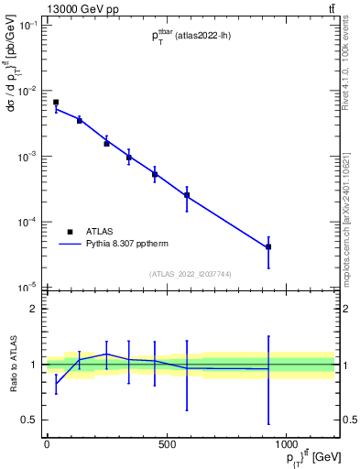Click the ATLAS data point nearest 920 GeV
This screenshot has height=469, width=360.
click(x=268, y=247)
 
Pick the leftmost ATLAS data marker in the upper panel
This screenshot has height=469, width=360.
click(x=56, y=103)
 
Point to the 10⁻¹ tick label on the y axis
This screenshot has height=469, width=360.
click(x=29, y=26)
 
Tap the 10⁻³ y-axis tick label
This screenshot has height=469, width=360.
click(x=29, y=157)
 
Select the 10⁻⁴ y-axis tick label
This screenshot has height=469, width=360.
click(x=29, y=223)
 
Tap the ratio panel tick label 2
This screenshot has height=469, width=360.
click(x=34, y=309)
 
